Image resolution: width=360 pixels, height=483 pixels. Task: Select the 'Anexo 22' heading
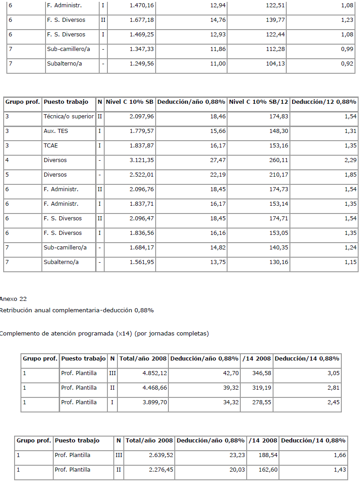tap(13, 299)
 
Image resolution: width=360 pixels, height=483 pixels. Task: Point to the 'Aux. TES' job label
tap(56, 131)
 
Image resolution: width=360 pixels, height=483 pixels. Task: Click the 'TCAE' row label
tap(51, 146)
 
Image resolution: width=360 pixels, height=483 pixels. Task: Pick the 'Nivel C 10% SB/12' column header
tap(259, 102)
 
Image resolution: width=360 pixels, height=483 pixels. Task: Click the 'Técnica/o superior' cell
tap(69, 117)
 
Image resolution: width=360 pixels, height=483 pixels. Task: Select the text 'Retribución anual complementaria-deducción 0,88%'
tap(77, 310)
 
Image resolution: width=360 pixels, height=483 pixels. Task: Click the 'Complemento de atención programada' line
tap(104, 334)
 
